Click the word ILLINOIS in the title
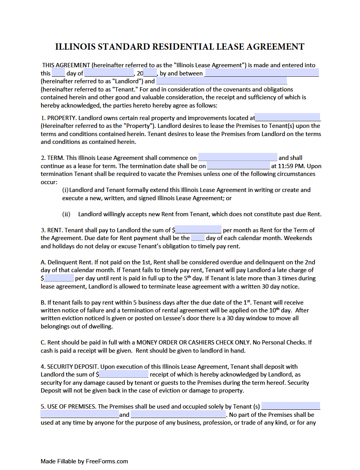pyautogui.click(x=74, y=47)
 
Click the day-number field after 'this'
pyautogui.click(x=58, y=73)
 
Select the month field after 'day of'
pyautogui.click(x=109, y=73)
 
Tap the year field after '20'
pyautogui.click(x=150, y=73)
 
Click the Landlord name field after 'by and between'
pyautogui.click(x=261, y=73)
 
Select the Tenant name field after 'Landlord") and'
pyautogui.click(x=221, y=81)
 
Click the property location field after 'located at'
pyautogui.click(x=288, y=118)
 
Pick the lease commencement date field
pyautogui.click(x=238, y=158)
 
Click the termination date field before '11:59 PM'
pyautogui.click(x=238, y=166)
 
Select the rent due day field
pyautogui.click(x=198, y=238)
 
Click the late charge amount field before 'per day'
pyautogui.click(x=59, y=278)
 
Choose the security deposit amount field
pyautogui.click(x=124, y=375)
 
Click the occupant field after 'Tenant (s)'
pyautogui.click(x=291, y=407)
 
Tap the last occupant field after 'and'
pyautogui.click(x=178, y=414)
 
